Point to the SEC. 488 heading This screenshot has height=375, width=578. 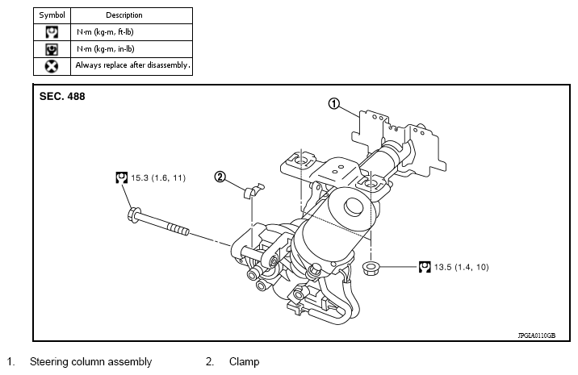coord(62,96)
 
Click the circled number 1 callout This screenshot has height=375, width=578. coord(335,103)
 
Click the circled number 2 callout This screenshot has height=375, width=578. coord(220,177)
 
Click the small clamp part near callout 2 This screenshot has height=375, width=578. coord(252,190)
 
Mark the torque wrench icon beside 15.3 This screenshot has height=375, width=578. coord(121,177)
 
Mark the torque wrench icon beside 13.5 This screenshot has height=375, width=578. coord(424,265)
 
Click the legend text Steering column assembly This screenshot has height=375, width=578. coord(90,362)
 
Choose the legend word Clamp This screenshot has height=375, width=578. coord(244,362)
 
